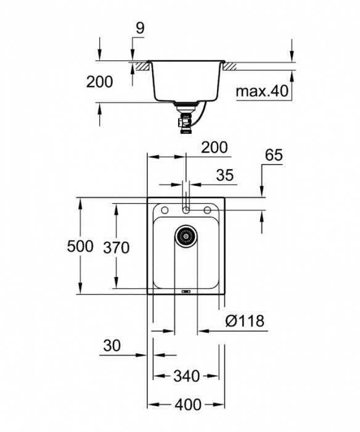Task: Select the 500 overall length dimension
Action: (x=80, y=247)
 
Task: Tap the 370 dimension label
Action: (x=117, y=248)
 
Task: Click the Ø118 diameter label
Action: (x=245, y=321)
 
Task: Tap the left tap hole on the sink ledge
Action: (x=164, y=210)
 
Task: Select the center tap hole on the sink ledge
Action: (x=186, y=210)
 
